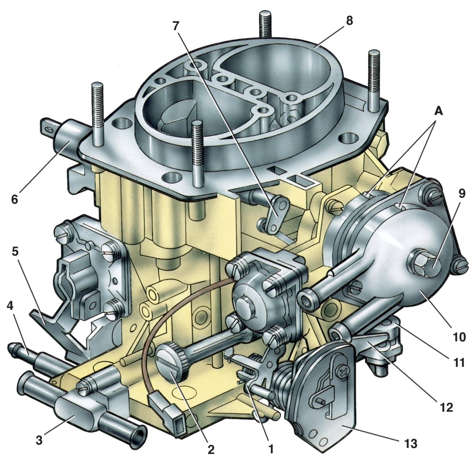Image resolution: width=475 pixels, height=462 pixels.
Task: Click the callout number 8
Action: pos(349,21)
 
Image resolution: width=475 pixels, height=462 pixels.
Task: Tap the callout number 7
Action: pos(176,26)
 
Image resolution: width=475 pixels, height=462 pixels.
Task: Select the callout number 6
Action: pos(14,199)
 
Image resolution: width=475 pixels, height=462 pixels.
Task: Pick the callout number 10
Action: pos(459,337)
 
